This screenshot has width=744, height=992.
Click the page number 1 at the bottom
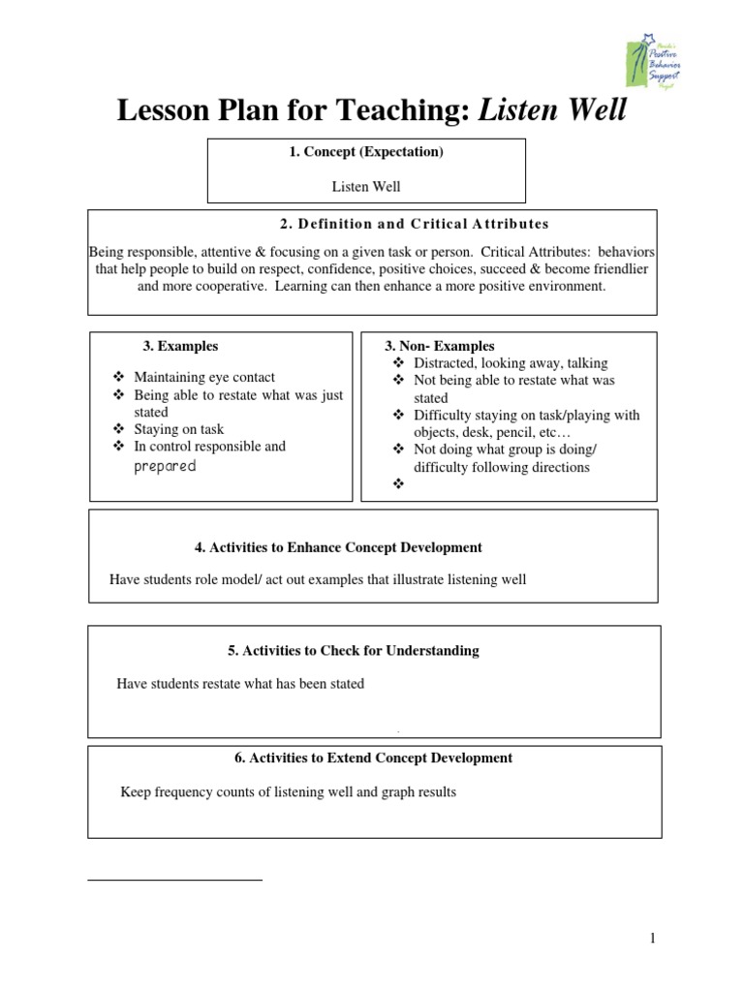tap(654, 938)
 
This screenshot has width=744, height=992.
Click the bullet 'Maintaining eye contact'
tap(204, 377)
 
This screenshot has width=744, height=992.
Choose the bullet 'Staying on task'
tap(179, 429)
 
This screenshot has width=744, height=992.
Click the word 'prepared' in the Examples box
tap(165, 466)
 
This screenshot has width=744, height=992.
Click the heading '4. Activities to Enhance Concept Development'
tap(338, 547)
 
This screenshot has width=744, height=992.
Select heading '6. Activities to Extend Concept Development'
tap(373, 758)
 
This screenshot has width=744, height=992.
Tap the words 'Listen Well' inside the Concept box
tap(365, 186)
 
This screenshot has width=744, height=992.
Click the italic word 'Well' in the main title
tap(592, 112)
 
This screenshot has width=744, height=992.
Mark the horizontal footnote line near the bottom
tap(174, 880)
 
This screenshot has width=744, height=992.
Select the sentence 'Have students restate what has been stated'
tap(240, 684)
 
